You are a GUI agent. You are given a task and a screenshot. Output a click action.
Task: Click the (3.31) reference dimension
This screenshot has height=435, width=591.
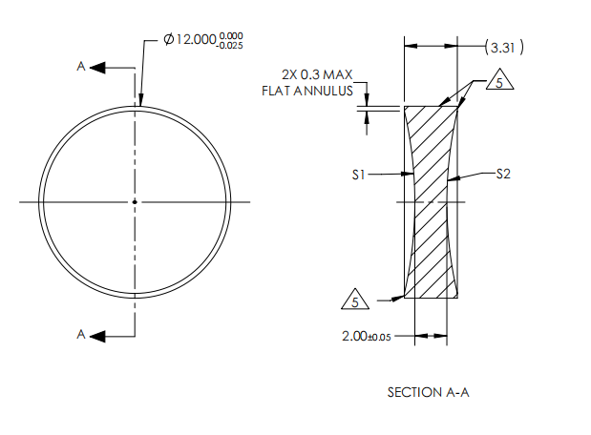(504, 46)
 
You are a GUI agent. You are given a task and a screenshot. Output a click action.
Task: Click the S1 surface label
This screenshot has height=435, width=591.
(359, 175)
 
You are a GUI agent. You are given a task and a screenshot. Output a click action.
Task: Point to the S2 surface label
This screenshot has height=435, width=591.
(505, 175)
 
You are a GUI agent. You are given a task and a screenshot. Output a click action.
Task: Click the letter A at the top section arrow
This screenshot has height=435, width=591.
(82, 67)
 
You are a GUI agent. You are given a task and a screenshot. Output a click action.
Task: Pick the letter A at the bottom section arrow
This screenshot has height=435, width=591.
(82, 334)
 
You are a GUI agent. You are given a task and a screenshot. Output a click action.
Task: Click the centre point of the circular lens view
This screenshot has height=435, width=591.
(135, 201)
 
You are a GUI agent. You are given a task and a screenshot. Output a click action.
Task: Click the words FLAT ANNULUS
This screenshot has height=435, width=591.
(308, 91)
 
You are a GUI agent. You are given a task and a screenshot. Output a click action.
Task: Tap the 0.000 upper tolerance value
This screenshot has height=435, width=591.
(231, 35)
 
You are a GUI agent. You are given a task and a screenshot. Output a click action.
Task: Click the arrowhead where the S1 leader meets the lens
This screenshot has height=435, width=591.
(412, 175)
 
